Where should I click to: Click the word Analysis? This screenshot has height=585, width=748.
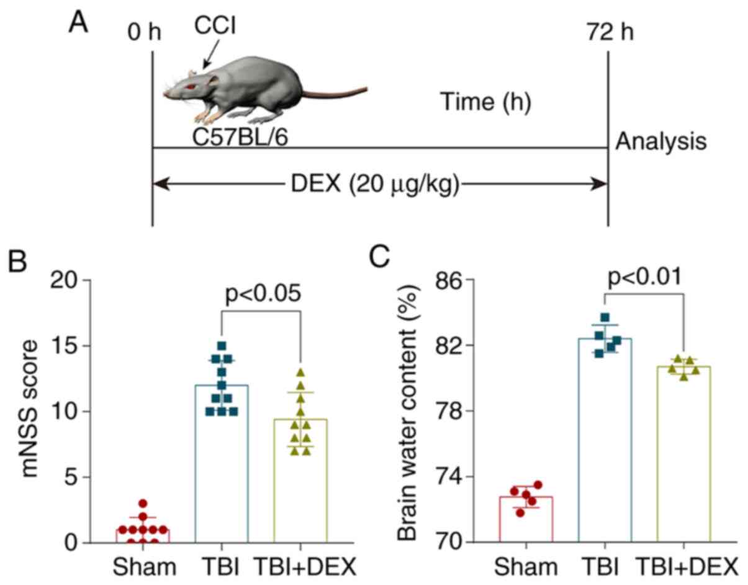[661, 142]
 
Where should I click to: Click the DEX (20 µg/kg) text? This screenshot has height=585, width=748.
[379, 184]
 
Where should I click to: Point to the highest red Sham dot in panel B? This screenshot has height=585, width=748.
[143, 504]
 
